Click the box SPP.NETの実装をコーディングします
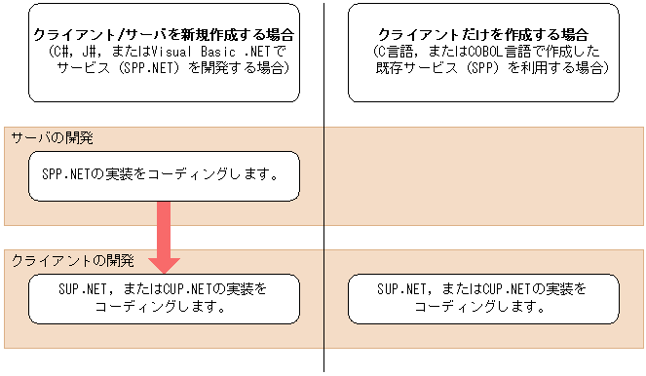[x=163, y=176]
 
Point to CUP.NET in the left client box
[x=181, y=289]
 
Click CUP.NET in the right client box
[x=504, y=289]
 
